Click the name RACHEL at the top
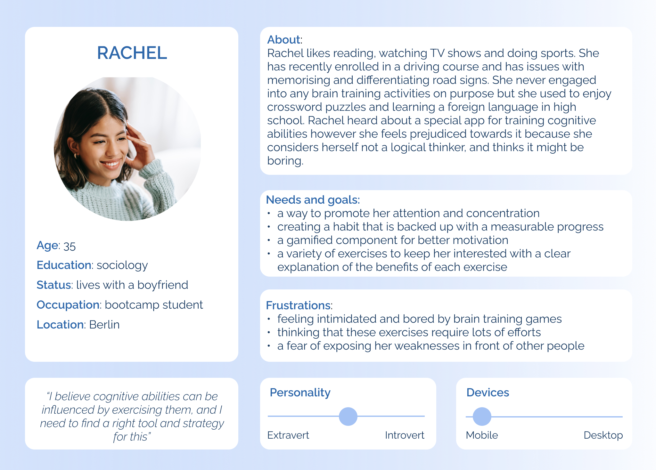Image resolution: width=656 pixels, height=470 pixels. (132, 53)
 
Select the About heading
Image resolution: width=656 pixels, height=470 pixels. (284, 40)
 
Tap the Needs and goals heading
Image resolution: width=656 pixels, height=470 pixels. (313, 200)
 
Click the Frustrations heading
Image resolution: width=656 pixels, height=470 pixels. (298, 305)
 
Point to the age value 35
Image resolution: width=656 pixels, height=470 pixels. (70, 246)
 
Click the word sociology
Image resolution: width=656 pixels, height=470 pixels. (122, 265)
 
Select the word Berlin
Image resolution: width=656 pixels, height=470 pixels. (104, 325)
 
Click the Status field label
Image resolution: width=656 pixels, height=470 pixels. (54, 285)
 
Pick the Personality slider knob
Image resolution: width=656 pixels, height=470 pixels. (348, 416)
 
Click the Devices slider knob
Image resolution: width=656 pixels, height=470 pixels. (482, 417)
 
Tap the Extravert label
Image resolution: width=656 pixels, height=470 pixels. (288, 435)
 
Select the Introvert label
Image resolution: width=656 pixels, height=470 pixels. (405, 435)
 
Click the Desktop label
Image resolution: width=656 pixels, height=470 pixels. (603, 435)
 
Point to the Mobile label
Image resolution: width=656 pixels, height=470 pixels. (482, 435)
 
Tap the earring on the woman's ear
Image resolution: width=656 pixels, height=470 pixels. (77, 156)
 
